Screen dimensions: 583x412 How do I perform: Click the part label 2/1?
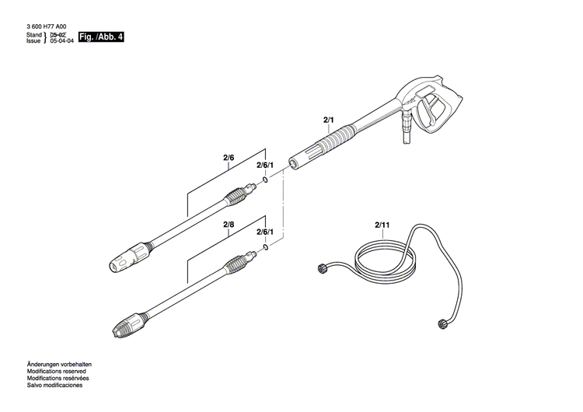click(327, 119)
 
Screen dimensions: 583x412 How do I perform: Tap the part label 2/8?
click(229, 225)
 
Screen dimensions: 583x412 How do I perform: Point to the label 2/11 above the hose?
click(382, 225)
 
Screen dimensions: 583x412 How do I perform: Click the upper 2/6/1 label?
click(266, 166)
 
